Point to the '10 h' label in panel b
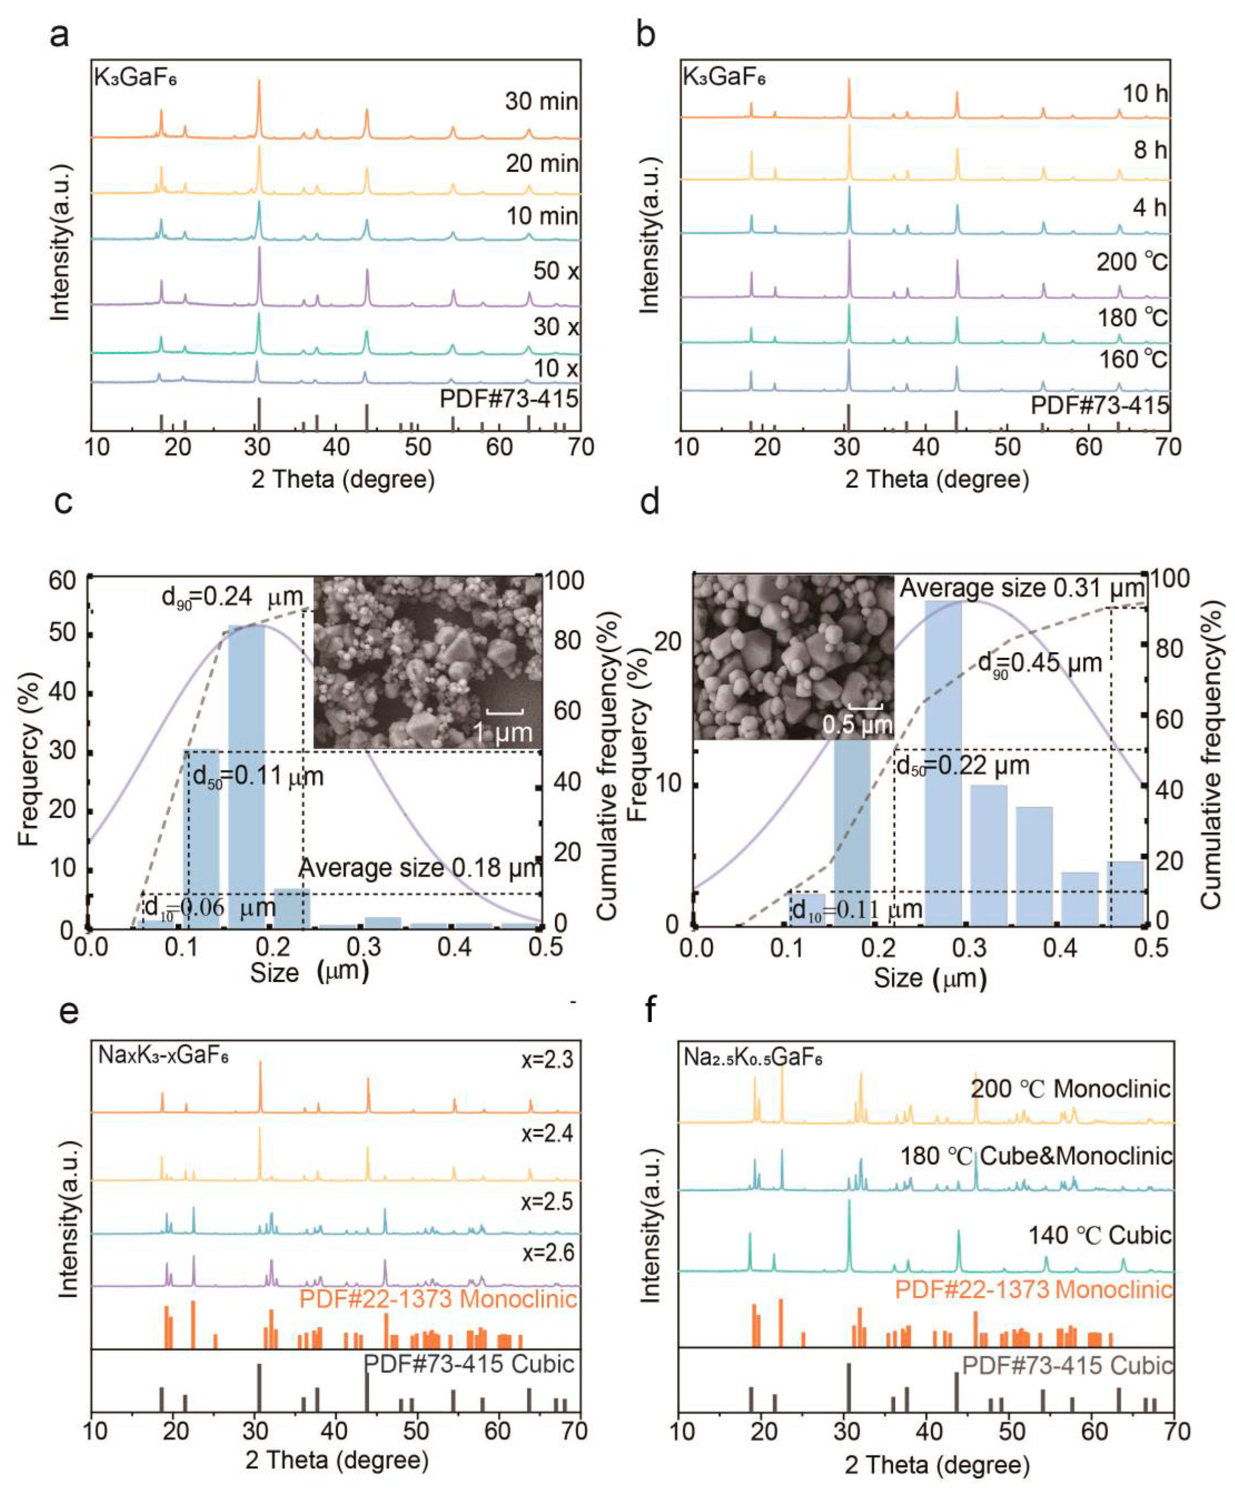coord(1145,93)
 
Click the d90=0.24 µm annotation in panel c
coord(232,596)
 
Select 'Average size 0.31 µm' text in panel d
coord(1022,588)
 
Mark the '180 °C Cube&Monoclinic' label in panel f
coord(1036,1156)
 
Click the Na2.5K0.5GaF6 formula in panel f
coord(753,1058)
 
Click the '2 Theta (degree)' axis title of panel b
coord(937,479)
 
